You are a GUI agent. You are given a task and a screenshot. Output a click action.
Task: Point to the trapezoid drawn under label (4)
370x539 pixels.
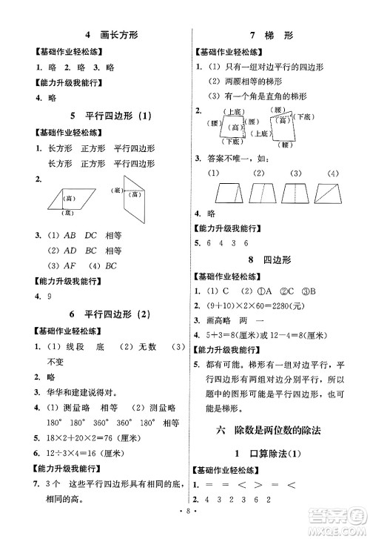332,194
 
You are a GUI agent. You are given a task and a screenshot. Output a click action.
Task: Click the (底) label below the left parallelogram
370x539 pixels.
67,212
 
